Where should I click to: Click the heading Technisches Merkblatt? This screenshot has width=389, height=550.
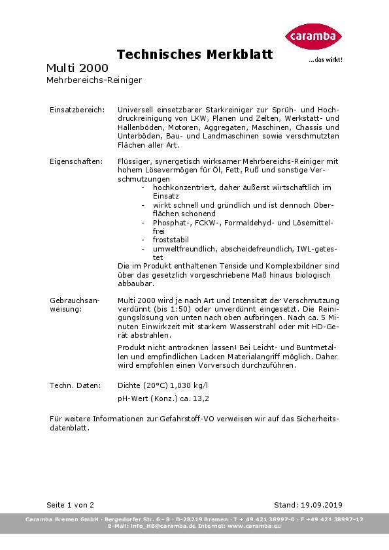(x=194, y=54)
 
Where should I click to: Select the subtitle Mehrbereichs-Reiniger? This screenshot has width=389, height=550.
(x=94, y=80)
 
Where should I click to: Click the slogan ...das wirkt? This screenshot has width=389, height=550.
(x=325, y=59)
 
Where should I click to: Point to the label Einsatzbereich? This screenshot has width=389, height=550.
(x=77, y=110)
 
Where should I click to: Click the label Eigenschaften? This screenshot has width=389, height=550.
(x=76, y=161)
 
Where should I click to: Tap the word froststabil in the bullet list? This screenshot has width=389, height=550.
(x=170, y=240)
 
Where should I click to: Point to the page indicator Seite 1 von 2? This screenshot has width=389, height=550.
(x=71, y=505)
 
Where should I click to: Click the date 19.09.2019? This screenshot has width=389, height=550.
(x=320, y=505)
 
